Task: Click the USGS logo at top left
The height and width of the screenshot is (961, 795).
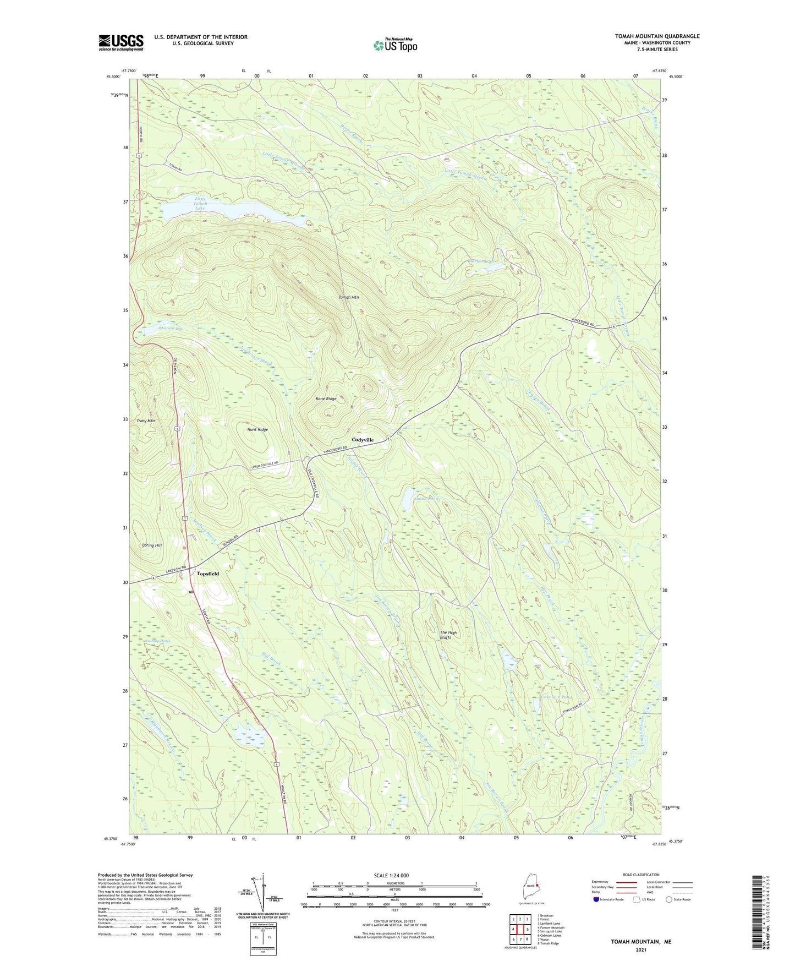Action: (x=121, y=42)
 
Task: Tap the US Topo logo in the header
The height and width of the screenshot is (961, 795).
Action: (x=395, y=45)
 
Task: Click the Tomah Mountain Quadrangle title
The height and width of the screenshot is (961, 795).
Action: (x=657, y=36)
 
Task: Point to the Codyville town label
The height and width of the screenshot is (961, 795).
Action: (x=363, y=440)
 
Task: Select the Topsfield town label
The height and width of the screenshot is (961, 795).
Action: (x=207, y=574)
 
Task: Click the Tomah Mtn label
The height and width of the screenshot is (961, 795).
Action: (x=348, y=297)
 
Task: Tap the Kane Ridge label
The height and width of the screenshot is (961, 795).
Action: (x=326, y=398)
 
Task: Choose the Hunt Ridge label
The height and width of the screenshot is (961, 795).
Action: (x=257, y=429)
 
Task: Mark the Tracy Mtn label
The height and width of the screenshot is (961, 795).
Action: (x=145, y=421)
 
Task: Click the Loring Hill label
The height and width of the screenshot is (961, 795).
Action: (x=152, y=545)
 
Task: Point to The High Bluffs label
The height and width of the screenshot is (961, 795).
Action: (x=448, y=635)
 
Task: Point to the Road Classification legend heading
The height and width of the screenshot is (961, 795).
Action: (x=641, y=875)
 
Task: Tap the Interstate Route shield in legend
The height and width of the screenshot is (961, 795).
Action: (x=596, y=899)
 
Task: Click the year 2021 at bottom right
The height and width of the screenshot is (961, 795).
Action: (x=640, y=949)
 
